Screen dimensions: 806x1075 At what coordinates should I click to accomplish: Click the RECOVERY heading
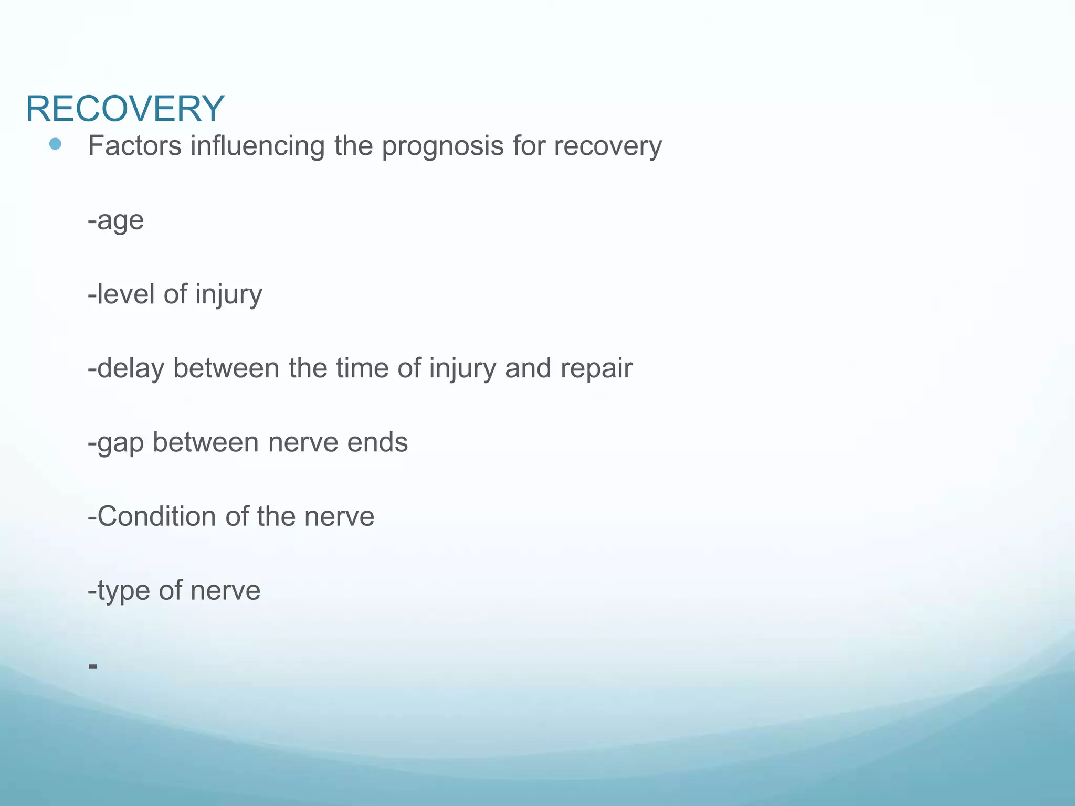125,109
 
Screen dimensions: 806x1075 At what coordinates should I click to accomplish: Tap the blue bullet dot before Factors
55,144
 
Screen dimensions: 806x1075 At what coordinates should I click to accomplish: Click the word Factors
134,145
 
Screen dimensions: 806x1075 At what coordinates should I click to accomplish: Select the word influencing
257,146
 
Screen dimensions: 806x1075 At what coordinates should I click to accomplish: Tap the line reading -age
115,220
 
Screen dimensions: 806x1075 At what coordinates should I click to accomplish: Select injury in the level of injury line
228,295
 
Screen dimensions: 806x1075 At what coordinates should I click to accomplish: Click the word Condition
156,516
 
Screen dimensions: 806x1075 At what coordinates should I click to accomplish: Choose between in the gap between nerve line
206,442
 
